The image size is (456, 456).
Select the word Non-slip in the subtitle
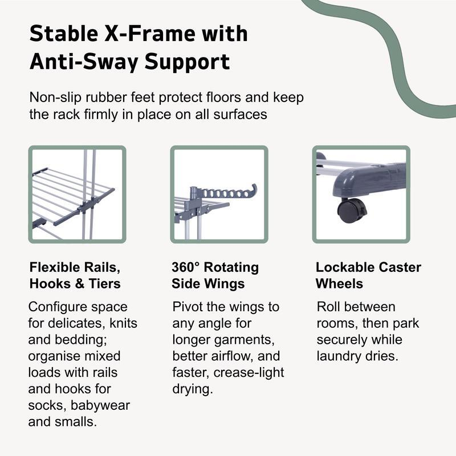tap(55, 97)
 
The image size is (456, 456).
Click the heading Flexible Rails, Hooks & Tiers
tap(75, 275)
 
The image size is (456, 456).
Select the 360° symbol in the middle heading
tap(185, 267)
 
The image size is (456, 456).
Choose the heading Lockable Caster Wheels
tap(368, 275)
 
